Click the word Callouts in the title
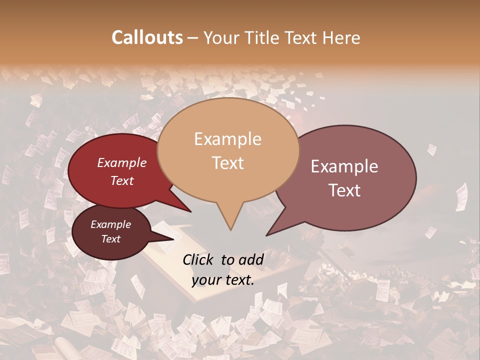(x=147, y=37)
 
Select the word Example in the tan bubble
(x=227, y=139)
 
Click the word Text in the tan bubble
(x=227, y=163)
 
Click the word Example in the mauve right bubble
(x=344, y=166)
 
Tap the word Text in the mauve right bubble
(x=344, y=190)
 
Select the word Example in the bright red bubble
(x=121, y=162)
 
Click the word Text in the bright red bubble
(x=121, y=180)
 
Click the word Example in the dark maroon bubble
(x=110, y=224)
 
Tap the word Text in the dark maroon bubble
(x=110, y=239)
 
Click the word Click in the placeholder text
(x=198, y=259)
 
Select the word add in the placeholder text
(x=251, y=259)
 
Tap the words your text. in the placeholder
(x=223, y=280)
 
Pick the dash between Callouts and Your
(x=193, y=38)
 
